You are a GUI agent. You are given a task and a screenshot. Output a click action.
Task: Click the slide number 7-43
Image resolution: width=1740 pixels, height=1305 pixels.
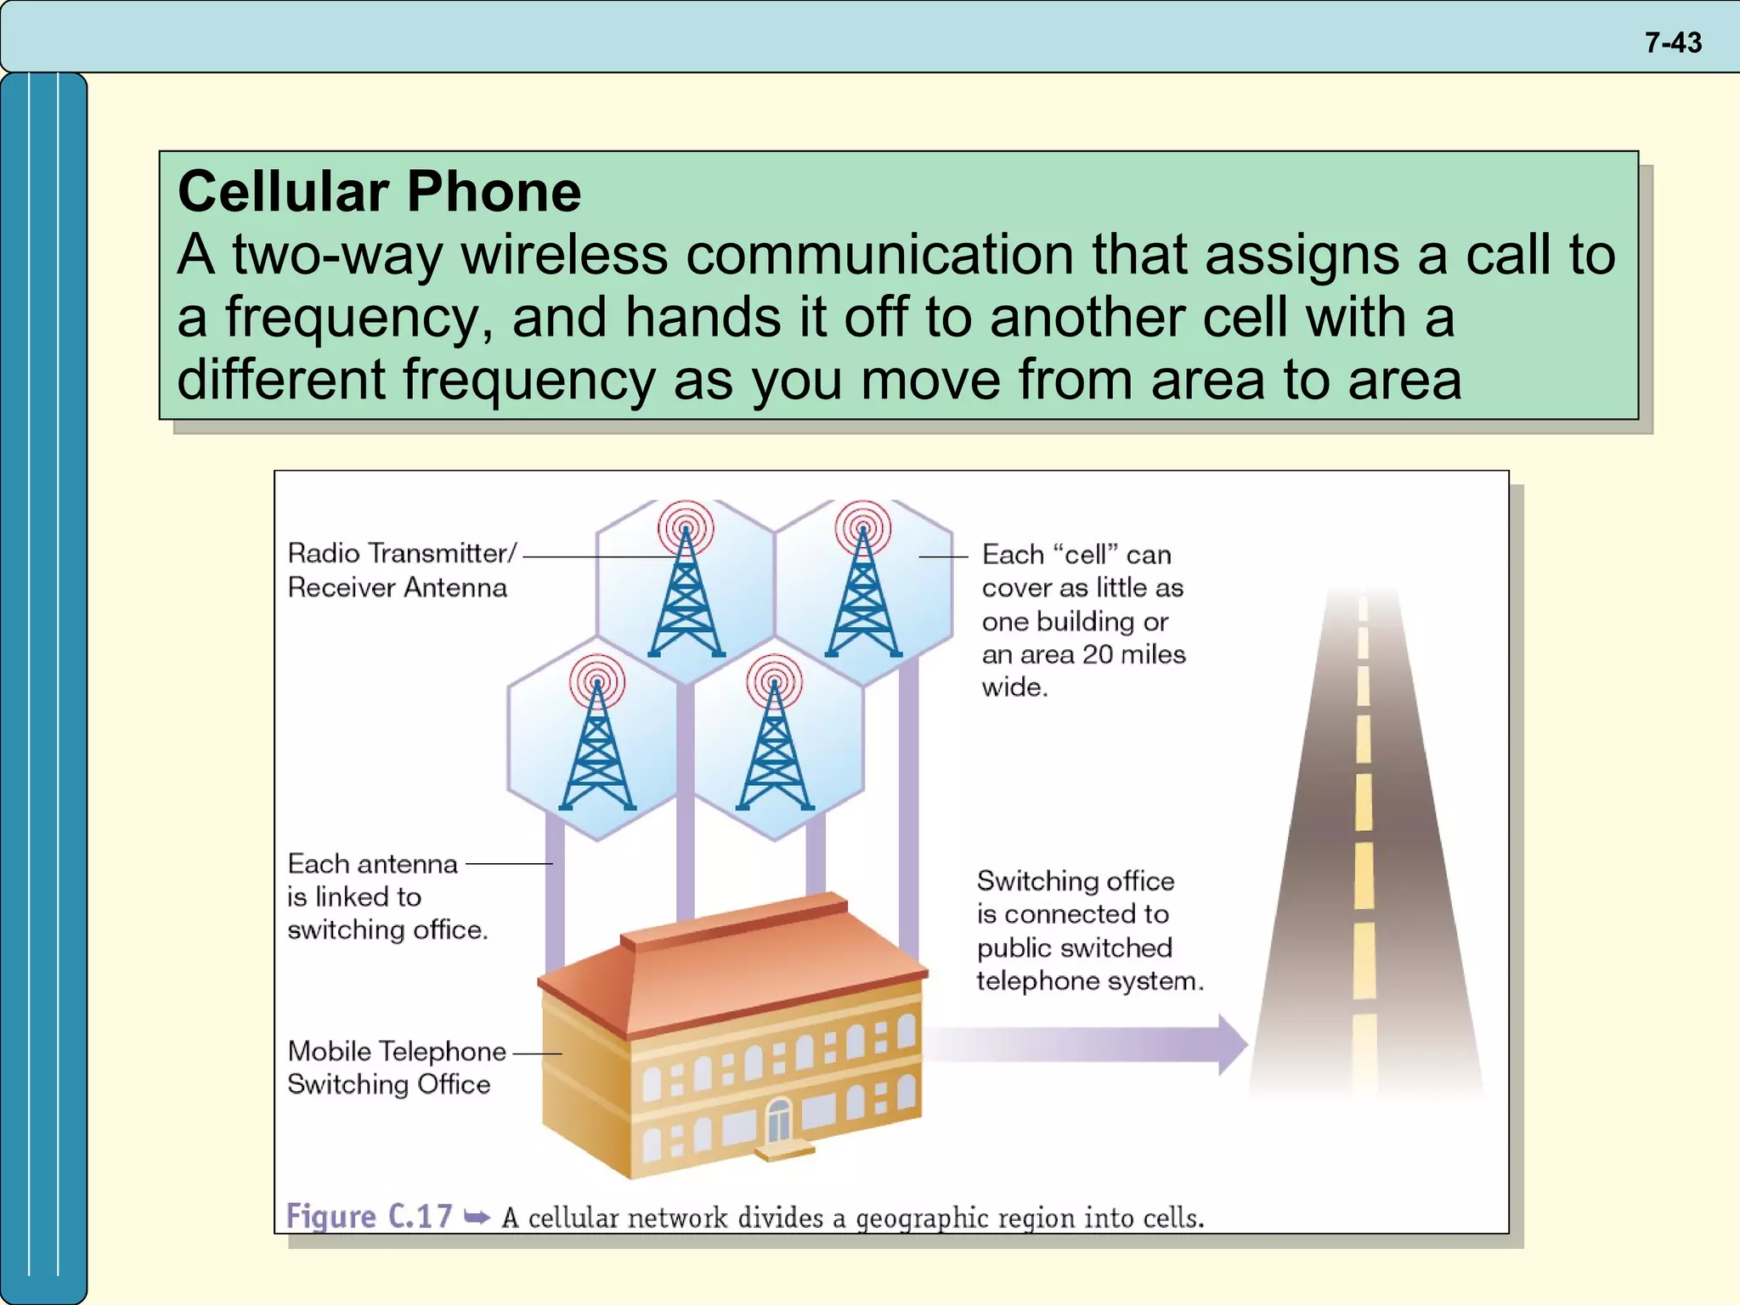coord(1672,42)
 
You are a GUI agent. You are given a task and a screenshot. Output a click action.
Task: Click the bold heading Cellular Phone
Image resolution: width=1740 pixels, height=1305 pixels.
coord(379,191)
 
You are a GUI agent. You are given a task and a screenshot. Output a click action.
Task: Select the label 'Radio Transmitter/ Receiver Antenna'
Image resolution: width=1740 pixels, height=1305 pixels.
coord(399,570)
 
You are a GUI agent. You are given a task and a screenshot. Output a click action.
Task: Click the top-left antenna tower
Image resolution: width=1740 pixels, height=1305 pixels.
coord(686,595)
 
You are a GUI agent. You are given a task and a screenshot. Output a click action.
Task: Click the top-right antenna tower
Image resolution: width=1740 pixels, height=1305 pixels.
coord(863,595)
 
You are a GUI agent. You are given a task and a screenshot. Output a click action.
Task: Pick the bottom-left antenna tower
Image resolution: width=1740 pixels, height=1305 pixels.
coord(597,748)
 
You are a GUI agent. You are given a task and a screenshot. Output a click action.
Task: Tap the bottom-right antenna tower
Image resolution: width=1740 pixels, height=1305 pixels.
coord(774,748)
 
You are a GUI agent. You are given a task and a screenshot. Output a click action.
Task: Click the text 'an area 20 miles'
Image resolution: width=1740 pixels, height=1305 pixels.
coord(1083,654)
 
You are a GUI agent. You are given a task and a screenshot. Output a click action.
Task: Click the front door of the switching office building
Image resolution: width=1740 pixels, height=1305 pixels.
coord(778,1121)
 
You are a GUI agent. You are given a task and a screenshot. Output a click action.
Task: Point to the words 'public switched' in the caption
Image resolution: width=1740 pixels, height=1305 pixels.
coord(1074,947)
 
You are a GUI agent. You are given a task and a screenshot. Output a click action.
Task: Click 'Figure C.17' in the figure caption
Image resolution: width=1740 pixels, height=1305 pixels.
coord(369,1217)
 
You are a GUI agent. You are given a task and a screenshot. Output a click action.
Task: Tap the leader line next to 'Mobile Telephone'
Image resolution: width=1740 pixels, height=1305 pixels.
coord(537,1053)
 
